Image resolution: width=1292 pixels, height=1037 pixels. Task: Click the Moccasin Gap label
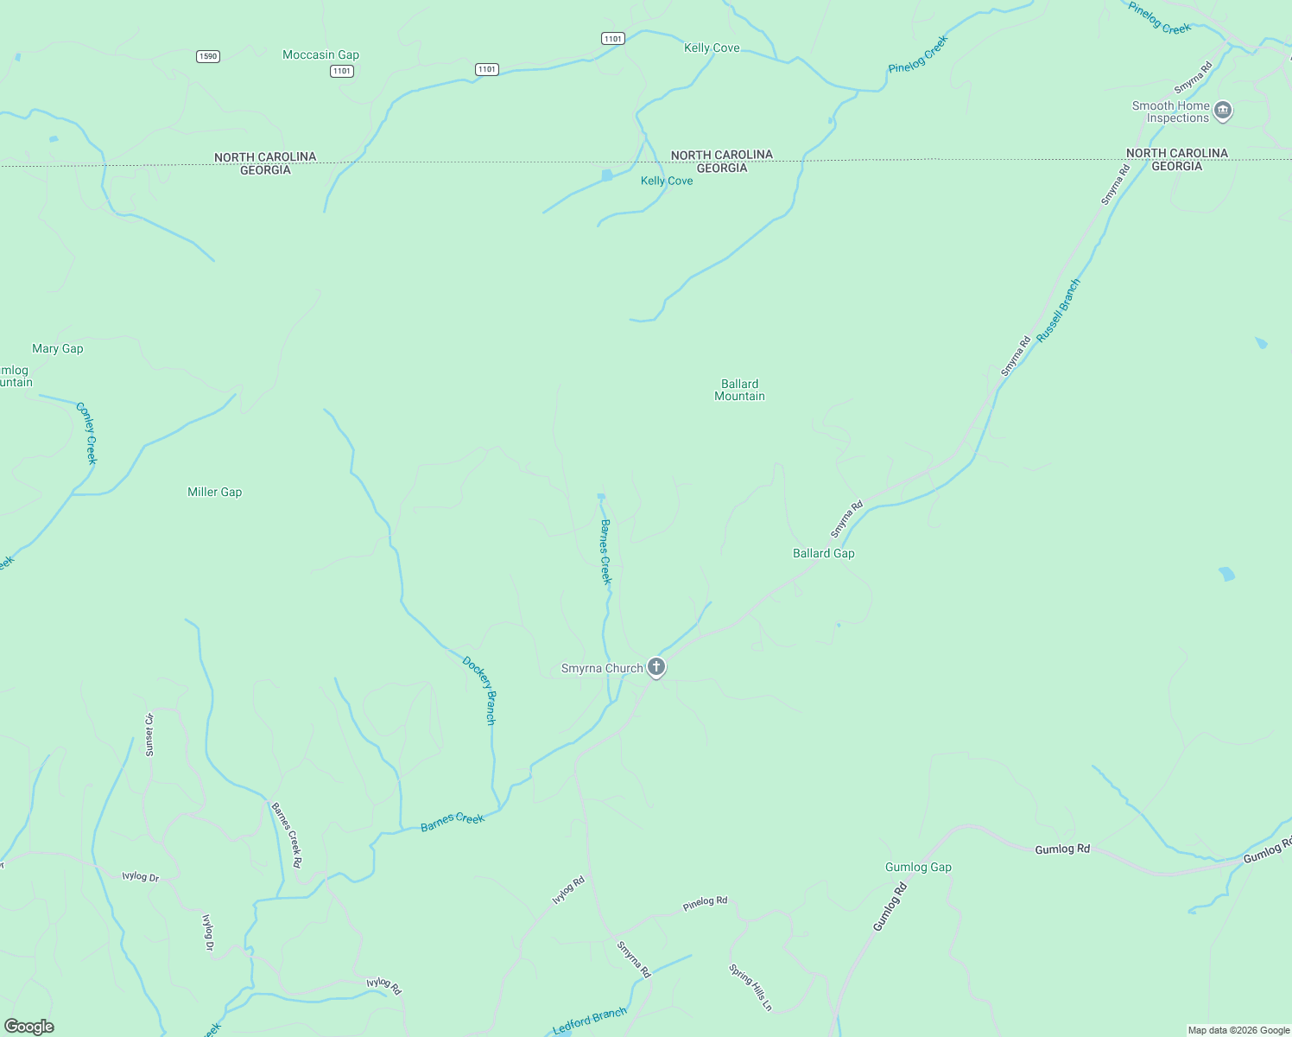(x=320, y=55)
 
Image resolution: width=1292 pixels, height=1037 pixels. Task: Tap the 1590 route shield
(x=208, y=56)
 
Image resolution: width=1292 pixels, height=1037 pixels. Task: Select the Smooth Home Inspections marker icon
(x=1222, y=111)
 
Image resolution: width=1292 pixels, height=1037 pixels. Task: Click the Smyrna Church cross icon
(x=656, y=667)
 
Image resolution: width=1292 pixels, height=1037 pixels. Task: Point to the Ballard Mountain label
(x=739, y=390)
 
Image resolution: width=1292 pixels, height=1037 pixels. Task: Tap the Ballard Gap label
(x=823, y=554)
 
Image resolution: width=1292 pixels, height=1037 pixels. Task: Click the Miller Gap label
(x=214, y=493)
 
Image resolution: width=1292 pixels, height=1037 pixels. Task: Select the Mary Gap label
(x=58, y=349)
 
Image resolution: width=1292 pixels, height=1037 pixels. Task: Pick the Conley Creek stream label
(x=87, y=433)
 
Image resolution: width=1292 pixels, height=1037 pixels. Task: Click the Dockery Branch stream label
(x=480, y=690)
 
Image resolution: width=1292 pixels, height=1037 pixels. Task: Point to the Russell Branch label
(x=1058, y=310)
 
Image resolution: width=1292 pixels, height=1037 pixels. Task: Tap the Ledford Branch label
(x=590, y=1021)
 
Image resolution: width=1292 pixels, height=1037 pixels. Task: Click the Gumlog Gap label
(x=918, y=868)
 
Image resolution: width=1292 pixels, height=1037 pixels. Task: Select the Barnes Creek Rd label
(x=287, y=835)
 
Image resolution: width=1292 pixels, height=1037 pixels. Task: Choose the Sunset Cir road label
(x=149, y=735)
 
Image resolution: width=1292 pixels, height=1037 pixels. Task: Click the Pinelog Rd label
(x=705, y=902)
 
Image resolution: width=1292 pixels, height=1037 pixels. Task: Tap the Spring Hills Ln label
(x=750, y=987)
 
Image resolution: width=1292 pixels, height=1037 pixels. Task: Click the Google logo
(x=29, y=1027)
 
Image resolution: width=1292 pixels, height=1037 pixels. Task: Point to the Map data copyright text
(x=1238, y=1030)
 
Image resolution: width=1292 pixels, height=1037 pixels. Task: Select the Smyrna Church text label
(x=602, y=669)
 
